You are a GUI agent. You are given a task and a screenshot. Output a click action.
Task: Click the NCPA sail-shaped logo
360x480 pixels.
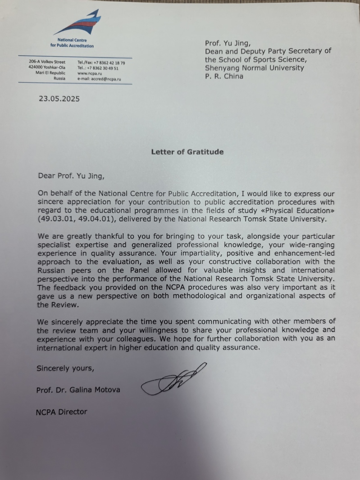pos(77,23)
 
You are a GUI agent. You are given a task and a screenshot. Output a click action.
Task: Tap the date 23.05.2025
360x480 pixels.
pos(59,99)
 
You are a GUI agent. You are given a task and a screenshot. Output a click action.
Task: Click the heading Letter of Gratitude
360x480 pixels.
pos(187,152)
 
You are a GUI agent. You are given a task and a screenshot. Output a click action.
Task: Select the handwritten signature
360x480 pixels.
pos(173,378)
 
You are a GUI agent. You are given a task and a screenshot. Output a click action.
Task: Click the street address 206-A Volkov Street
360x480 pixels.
pos(47,62)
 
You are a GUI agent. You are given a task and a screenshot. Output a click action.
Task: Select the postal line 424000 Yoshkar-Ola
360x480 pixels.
pos(47,68)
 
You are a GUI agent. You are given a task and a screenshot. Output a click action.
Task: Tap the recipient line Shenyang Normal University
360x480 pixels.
pos(255,68)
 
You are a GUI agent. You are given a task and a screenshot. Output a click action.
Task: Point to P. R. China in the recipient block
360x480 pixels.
pos(224,76)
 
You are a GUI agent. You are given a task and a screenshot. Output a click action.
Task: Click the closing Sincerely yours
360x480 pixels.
pos(65,368)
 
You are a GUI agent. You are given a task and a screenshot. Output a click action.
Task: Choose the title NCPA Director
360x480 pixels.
pos(62,411)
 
